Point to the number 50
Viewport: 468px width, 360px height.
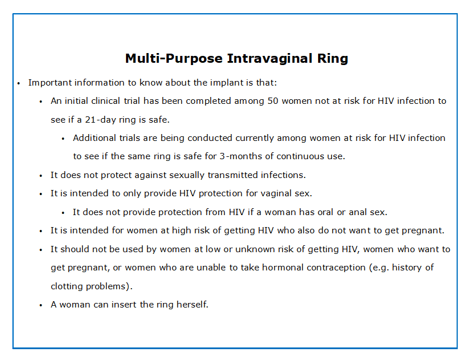click(x=273, y=101)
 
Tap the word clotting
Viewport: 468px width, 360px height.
click(x=67, y=286)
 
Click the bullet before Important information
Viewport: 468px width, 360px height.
click(x=19, y=83)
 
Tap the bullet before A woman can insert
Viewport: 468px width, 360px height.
click(x=41, y=305)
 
